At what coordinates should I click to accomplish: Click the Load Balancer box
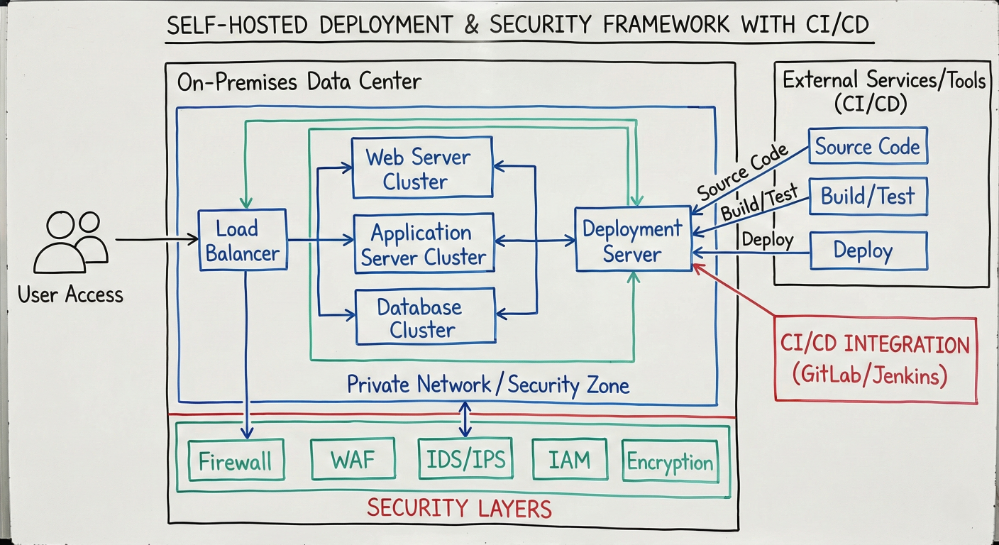[x=243, y=240]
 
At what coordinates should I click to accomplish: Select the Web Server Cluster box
[x=422, y=167]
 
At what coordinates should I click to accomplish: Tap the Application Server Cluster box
[x=424, y=244]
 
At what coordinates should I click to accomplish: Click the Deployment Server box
[x=632, y=239]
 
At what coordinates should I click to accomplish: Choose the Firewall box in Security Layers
[x=235, y=461]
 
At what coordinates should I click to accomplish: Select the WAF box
[x=353, y=460]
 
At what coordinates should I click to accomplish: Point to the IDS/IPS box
[x=465, y=460]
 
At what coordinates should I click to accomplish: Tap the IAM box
[x=569, y=460]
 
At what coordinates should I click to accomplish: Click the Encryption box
[x=670, y=462]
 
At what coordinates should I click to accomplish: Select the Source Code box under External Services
[x=867, y=147]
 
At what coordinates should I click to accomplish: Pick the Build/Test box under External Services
[x=867, y=196]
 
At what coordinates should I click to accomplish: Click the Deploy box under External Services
[x=867, y=250]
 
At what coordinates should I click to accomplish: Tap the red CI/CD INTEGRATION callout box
[x=874, y=360]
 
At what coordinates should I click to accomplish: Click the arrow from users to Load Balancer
[x=156, y=240]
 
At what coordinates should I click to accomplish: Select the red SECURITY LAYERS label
[x=458, y=508]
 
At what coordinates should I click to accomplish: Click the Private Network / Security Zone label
[x=487, y=385]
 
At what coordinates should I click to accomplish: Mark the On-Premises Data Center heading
[x=299, y=82]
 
